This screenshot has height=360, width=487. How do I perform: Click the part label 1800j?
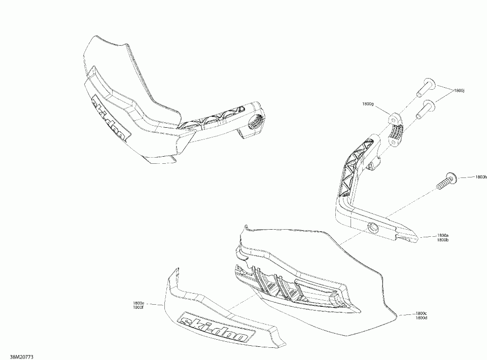(459, 91)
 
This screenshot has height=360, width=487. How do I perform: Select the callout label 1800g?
(368, 103)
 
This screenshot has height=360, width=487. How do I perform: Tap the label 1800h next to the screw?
(481, 177)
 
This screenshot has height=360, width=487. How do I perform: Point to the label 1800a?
(442, 235)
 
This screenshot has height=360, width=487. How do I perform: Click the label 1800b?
(442, 240)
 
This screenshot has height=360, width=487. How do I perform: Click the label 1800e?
(137, 303)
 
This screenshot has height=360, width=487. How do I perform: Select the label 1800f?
(137, 307)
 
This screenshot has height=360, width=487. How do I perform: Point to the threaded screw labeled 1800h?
(445, 181)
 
